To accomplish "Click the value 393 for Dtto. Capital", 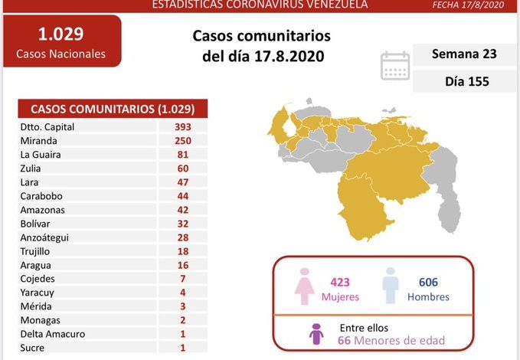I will tap(182, 127).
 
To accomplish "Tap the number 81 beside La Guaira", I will tap(182, 155).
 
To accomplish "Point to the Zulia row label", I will tap(32, 169).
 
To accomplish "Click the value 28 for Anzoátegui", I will tap(182, 237).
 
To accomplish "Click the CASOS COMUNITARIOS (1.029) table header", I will tap(112, 108).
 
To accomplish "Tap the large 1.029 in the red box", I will tap(61, 34).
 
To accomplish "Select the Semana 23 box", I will tap(464, 54).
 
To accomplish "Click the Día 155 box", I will tap(464, 80).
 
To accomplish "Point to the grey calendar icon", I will tap(395, 66).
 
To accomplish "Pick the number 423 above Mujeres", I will tap(339, 282).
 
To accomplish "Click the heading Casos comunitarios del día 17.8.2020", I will tap(261, 47).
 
